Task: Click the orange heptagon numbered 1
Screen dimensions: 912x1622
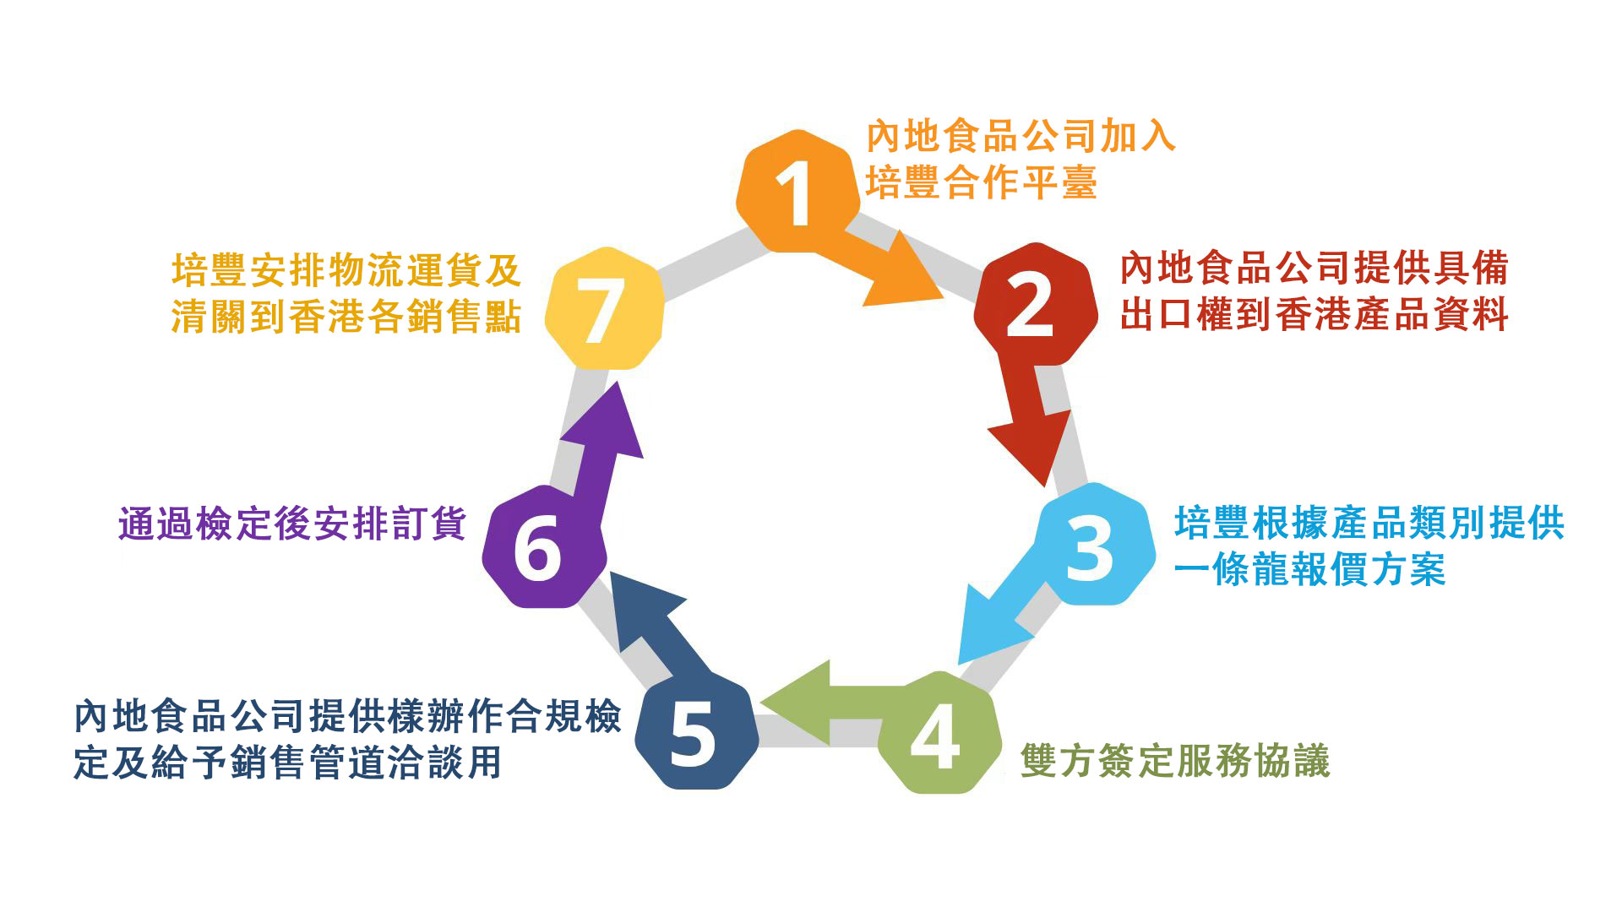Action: tap(794, 192)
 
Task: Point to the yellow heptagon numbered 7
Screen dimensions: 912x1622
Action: tap(603, 309)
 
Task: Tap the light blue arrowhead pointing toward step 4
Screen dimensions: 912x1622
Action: tap(985, 628)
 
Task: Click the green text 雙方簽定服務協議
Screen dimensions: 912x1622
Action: tap(1175, 761)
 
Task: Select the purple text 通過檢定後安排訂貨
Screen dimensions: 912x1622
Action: tap(292, 524)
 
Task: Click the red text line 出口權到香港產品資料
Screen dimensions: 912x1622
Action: tap(1314, 315)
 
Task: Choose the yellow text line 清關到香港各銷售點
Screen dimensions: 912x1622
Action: tap(346, 318)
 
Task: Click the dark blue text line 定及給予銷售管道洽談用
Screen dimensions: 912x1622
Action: tap(288, 762)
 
